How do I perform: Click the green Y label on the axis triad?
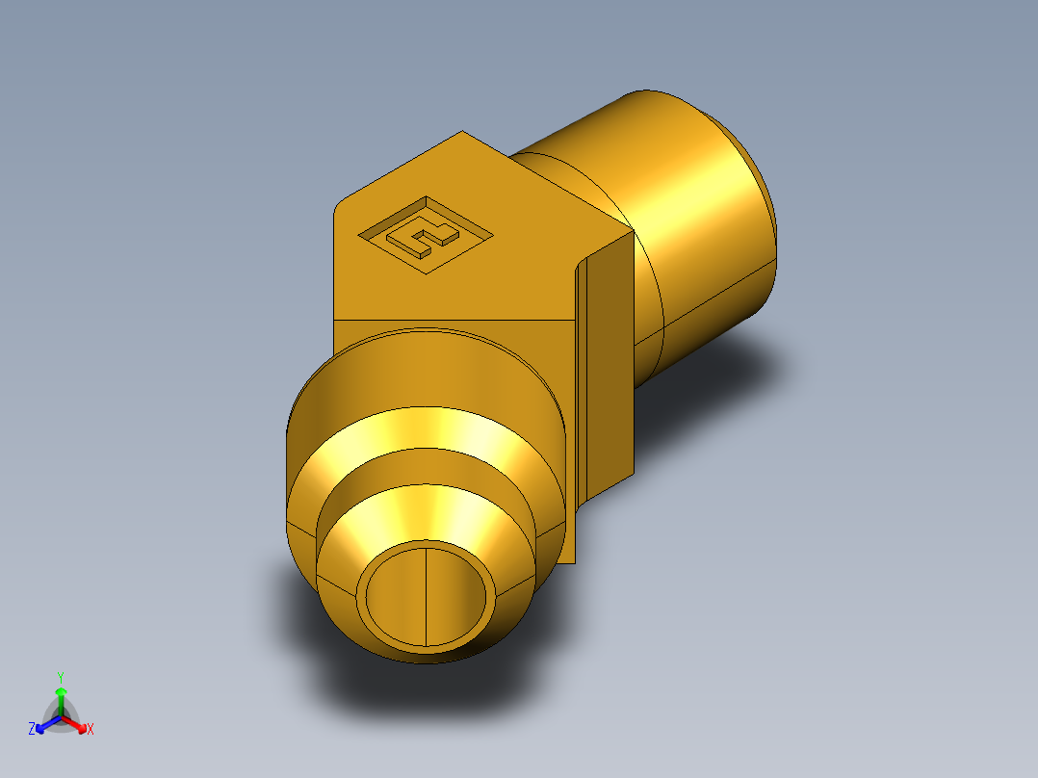pyautogui.click(x=60, y=677)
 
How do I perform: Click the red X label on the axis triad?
pyautogui.click(x=91, y=729)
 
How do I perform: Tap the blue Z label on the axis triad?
pyautogui.click(x=32, y=729)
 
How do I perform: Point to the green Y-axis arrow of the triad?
pyautogui.click(x=60, y=698)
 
